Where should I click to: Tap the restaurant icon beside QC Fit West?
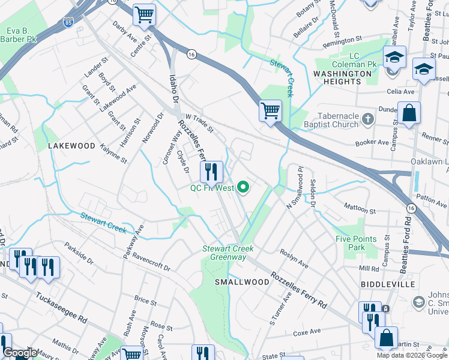pos(211,172)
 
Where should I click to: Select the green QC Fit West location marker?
pos(243,188)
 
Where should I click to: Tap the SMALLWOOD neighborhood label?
pos(243,282)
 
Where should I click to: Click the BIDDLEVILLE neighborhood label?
pos(388,283)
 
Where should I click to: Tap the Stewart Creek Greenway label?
pos(228,253)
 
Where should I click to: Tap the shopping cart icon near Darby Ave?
pos(144,15)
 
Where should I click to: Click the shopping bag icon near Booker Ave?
pos(409,113)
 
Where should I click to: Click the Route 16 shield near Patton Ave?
pos(410,207)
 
